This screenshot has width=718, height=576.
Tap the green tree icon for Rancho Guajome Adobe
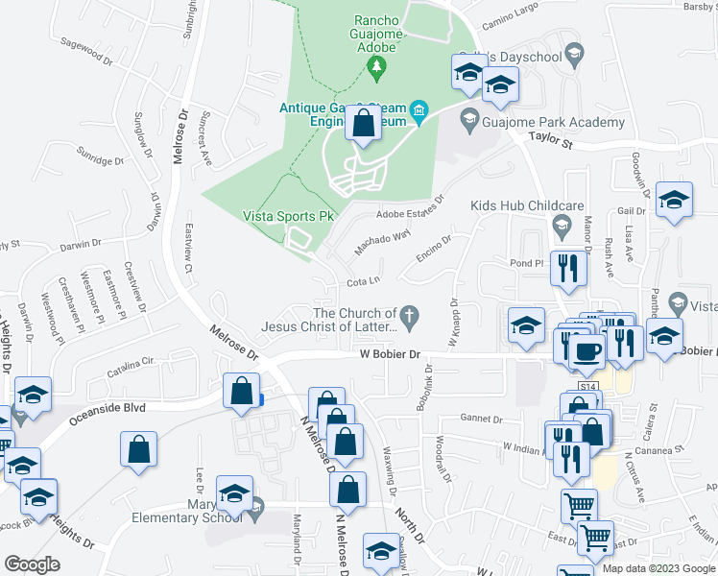(377, 65)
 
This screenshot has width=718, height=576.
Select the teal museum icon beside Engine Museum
(419, 113)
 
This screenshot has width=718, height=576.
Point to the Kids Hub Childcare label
(527, 206)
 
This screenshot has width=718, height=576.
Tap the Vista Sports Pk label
(288, 217)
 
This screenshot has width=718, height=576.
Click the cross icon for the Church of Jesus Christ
(410, 315)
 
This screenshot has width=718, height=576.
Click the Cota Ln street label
(364, 281)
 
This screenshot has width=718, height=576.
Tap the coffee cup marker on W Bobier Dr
(586, 350)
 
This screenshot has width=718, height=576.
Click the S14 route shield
(588, 386)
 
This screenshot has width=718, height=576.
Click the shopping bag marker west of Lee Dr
(139, 447)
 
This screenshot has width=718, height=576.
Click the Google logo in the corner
(32, 564)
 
